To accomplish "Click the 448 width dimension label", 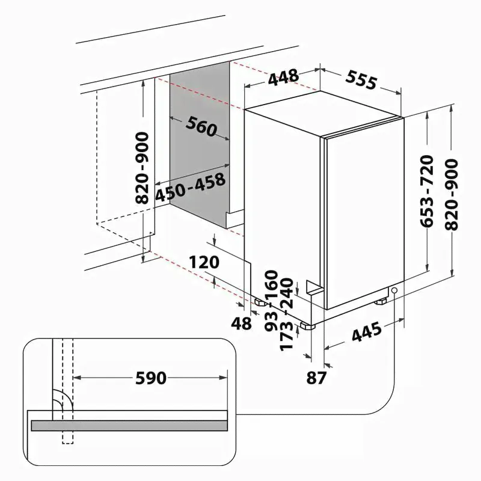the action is (x=283, y=77).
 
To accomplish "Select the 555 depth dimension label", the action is (x=361, y=81).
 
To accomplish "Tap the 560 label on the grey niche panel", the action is (x=201, y=126).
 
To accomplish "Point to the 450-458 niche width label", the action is (x=190, y=188).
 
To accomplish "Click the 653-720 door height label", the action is (x=427, y=192).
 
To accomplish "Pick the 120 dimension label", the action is (x=204, y=262).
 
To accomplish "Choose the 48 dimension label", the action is (x=242, y=323).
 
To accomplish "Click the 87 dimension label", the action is (x=316, y=378).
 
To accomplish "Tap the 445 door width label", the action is (x=367, y=332).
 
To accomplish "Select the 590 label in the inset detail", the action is (x=151, y=378).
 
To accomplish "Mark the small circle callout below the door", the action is (x=394, y=290).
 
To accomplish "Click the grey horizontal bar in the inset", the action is (x=129, y=426).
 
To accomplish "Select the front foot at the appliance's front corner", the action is (x=308, y=325).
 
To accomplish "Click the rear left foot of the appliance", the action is (x=260, y=302).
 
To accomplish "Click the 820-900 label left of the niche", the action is (x=142, y=168).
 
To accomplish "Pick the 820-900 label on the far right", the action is (x=452, y=194).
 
